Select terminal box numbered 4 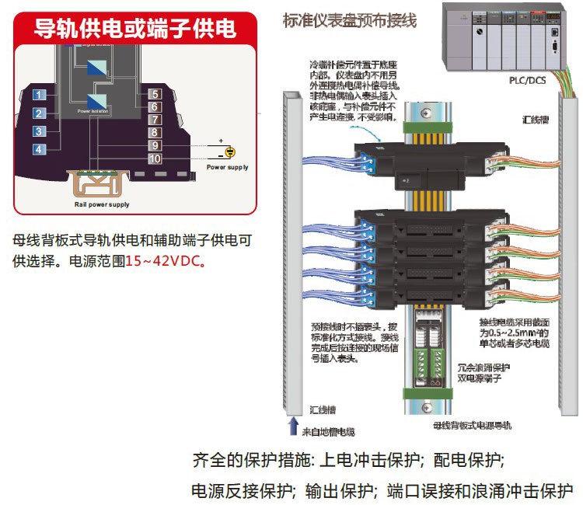pos(40,148)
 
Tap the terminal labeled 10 pos(155,158)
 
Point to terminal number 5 pos(155,94)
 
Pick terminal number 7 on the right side pos(155,120)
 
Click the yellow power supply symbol pos(229,152)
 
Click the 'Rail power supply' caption pos(96,204)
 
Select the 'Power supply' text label pos(228,167)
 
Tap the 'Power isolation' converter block pos(98,100)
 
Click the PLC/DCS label pos(527,80)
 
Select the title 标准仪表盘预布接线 pos(350,20)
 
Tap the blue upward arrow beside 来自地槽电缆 pos(293,425)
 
